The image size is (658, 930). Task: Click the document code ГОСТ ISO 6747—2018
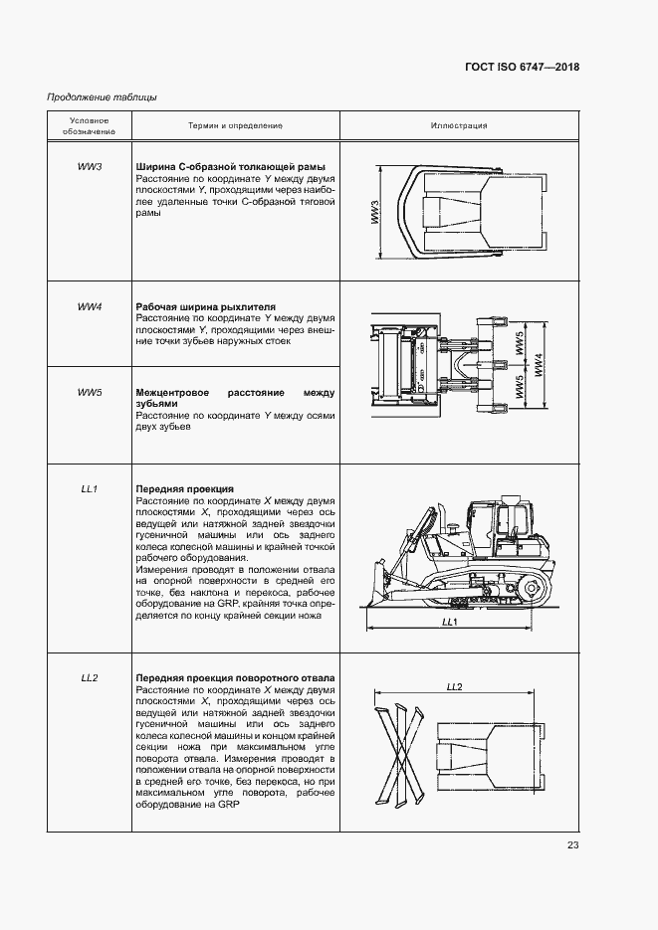tap(522, 68)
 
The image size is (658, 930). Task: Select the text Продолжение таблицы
tap(102, 96)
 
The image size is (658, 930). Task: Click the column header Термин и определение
tap(235, 126)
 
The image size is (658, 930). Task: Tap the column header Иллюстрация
tap(458, 126)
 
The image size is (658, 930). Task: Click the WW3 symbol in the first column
tap(90, 166)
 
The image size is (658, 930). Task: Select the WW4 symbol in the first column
tap(90, 306)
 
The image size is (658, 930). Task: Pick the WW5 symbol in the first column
tap(90, 392)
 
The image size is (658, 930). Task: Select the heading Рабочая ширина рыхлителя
tap(205, 306)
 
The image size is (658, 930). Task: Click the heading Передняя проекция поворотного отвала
tap(235, 678)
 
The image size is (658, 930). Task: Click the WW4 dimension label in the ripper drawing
tap(539, 366)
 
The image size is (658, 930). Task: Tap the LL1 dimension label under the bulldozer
tap(448, 622)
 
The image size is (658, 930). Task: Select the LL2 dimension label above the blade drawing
tap(455, 687)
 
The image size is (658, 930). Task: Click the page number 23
tap(572, 845)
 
